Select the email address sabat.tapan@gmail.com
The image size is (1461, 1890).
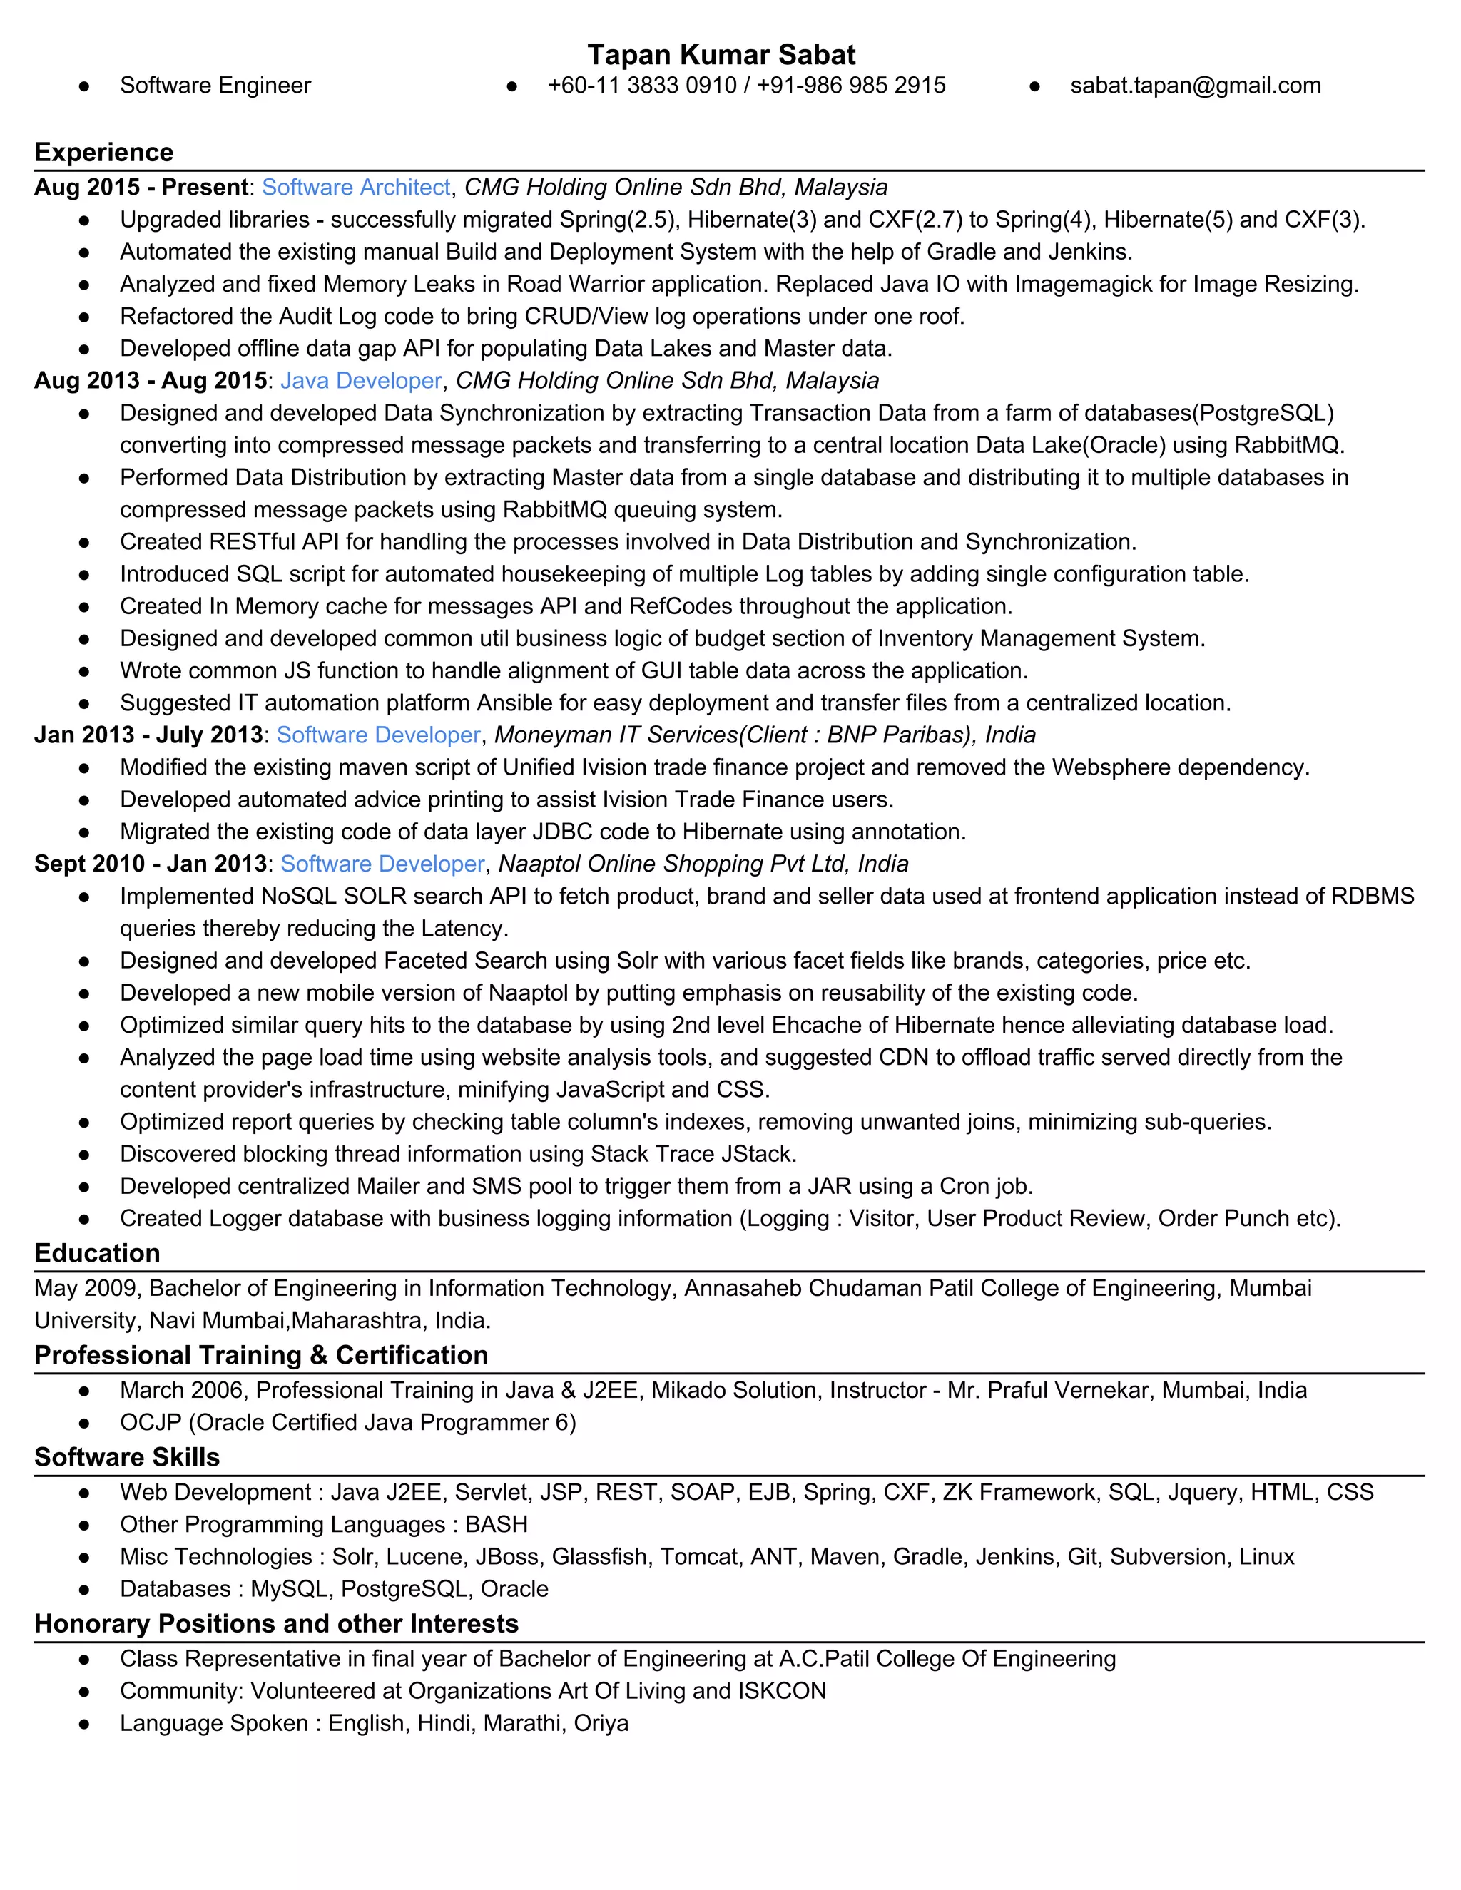click(1196, 86)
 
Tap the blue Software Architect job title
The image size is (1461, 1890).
click(356, 188)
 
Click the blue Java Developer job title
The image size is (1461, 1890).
click(361, 381)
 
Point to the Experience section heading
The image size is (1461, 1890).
click(104, 153)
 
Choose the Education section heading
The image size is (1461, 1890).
click(97, 1253)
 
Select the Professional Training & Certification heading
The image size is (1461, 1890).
click(261, 1355)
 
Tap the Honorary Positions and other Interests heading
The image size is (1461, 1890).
click(276, 1623)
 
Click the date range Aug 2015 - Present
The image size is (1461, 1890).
click(141, 188)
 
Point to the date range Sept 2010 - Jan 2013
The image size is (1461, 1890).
click(151, 864)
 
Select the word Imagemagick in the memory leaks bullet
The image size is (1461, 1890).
click(1084, 284)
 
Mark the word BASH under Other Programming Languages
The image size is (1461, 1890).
click(496, 1524)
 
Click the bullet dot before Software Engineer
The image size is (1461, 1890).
click(84, 86)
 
